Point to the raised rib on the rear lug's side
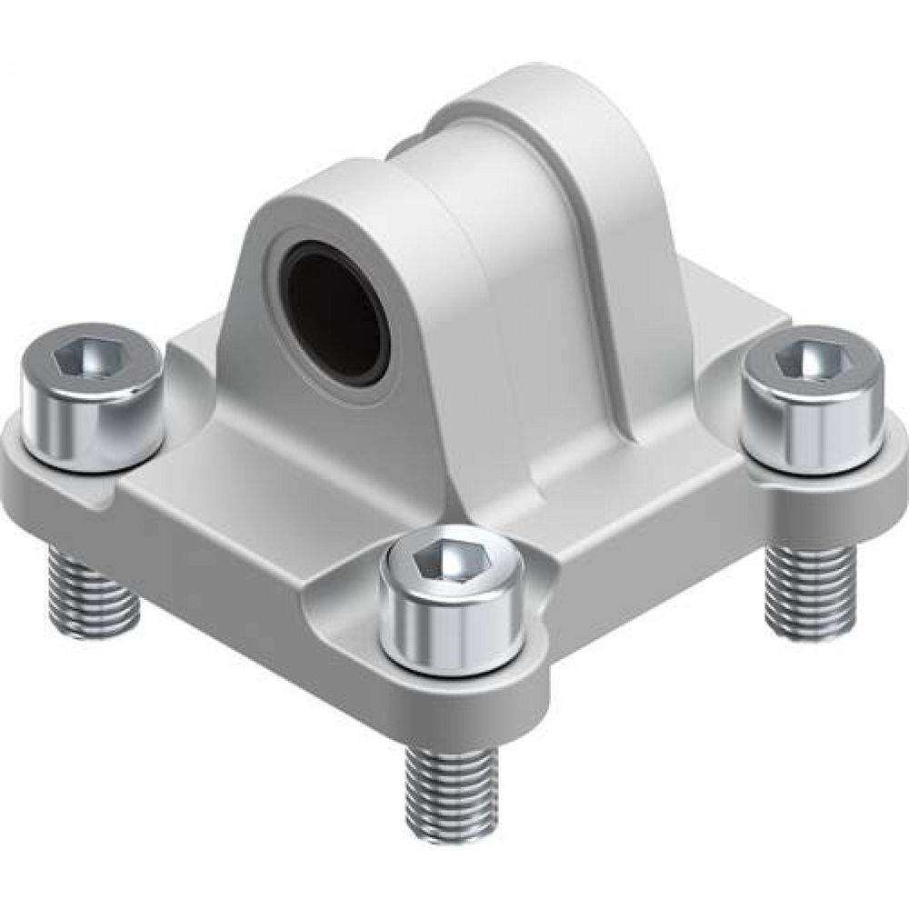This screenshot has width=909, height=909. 600,273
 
